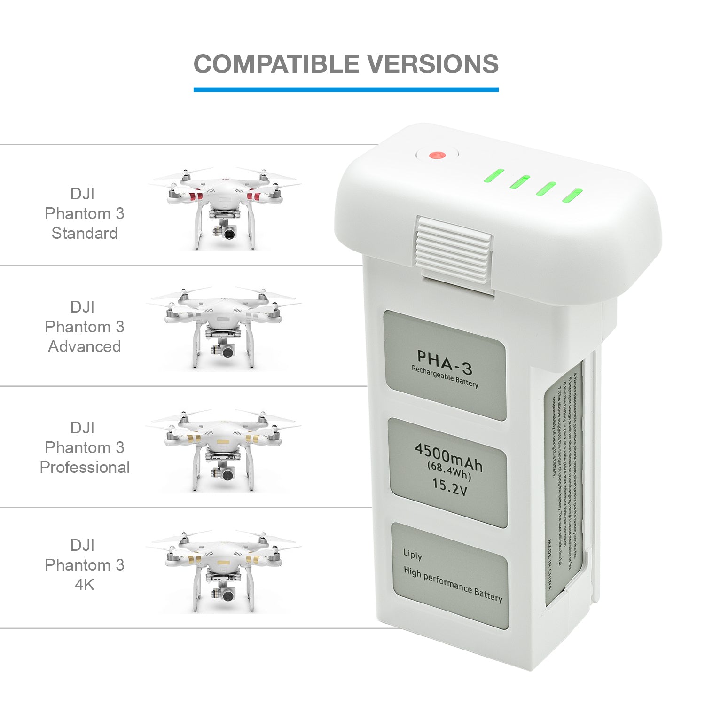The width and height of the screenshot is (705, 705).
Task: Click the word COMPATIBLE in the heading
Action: coord(277,64)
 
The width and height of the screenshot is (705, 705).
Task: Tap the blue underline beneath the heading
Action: coord(346,89)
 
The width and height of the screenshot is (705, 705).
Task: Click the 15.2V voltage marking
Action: coord(449,486)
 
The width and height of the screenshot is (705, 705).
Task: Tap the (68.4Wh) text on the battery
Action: coord(449,471)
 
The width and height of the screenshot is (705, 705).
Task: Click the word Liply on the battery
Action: coord(413,555)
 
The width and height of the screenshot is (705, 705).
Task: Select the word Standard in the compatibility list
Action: coord(85,233)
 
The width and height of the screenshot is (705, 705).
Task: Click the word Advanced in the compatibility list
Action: coord(85,346)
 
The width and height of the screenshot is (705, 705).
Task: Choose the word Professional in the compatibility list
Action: coord(85,467)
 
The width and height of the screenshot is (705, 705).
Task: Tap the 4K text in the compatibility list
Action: coord(85,585)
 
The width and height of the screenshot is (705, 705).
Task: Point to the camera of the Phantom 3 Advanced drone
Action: coord(228,352)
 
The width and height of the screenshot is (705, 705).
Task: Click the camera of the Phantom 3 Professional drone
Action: coord(228,474)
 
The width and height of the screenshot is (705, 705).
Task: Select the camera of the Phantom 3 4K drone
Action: coord(228,595)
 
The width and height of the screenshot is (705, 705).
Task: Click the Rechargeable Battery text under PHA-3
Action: coord(445,377)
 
